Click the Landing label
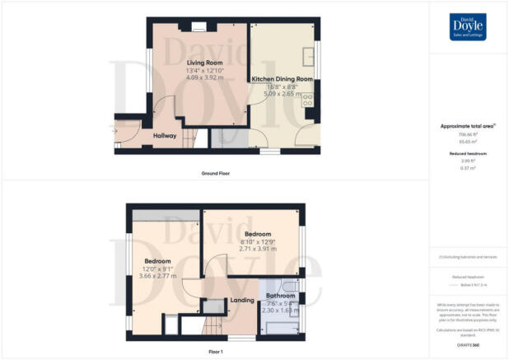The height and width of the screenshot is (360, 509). click(241, 301)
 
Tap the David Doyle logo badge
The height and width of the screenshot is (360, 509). click(468, 26)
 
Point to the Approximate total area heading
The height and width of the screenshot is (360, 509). click(467, 126)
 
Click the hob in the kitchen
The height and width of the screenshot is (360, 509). click(309, 102)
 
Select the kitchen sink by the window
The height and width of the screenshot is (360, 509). click(309, 56)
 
